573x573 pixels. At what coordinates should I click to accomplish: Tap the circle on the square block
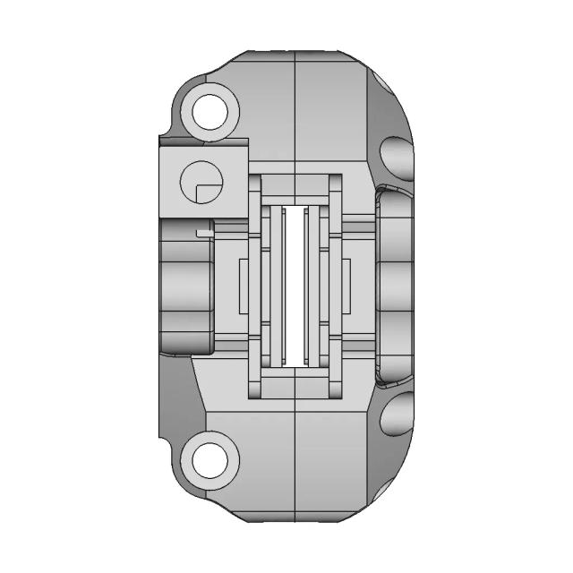click(199, 184)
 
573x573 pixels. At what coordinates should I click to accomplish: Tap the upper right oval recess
click(398, 159)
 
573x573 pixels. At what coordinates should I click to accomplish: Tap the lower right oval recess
click(398, 414)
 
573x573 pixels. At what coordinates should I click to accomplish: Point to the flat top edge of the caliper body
click(295, 52)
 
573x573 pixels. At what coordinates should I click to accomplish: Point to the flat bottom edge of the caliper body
click(295, 522)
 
